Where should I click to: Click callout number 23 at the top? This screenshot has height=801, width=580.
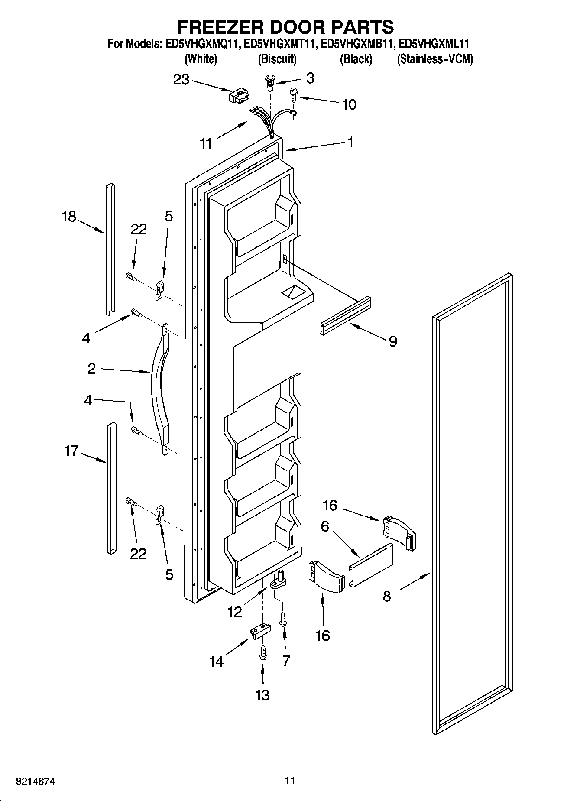pos(181,80)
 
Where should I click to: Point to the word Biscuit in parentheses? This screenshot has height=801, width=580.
pos(277,59)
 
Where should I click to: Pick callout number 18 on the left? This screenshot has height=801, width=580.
pos(69,217)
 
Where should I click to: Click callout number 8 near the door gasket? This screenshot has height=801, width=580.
pos(387,596)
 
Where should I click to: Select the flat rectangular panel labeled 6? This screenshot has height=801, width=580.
pos(371,565)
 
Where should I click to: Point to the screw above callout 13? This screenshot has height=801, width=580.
pos(262,654)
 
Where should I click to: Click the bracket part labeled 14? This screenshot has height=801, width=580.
pos(259,631)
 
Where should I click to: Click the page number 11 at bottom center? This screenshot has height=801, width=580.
pos(290,781)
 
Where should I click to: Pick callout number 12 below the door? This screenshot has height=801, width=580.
pos(235,612)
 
